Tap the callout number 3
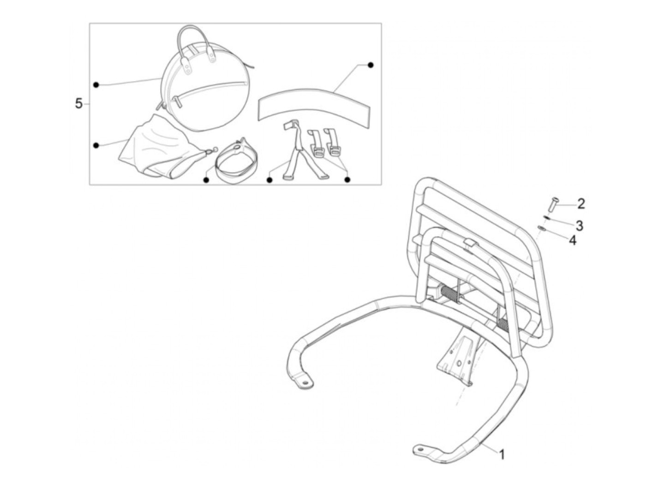[579, 225]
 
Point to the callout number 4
[573, 240]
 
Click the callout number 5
[79, 104]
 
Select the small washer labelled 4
[541, 227]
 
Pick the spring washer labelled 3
[546, 218]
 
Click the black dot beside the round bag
[96, 85]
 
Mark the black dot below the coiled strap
[206, 179]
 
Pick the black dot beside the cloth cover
[96, 146]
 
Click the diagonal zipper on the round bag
[212, 87]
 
